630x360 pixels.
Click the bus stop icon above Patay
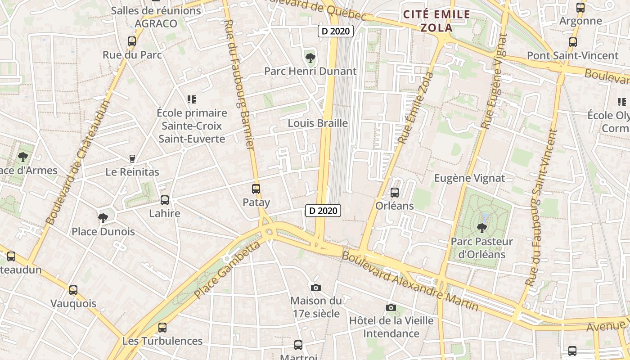256,189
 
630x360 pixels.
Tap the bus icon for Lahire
165,200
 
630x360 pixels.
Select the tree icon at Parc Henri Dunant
310,58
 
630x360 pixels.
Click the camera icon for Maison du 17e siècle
316,288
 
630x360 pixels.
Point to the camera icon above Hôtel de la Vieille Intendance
391,307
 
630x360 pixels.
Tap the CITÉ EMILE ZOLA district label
436,21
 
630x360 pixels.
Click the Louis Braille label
318,123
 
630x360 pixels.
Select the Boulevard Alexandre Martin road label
410,281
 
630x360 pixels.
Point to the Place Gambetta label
228,270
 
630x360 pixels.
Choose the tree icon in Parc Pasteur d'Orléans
481,228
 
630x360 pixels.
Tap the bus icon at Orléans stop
395,193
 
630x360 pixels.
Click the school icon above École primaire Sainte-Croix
192,99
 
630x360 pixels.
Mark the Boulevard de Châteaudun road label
78,162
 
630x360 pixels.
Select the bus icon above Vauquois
73,290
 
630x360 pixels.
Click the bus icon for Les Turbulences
162,328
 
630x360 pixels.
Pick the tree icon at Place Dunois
103,218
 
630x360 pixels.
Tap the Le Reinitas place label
132,172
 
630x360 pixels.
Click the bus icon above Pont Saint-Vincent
573,42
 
